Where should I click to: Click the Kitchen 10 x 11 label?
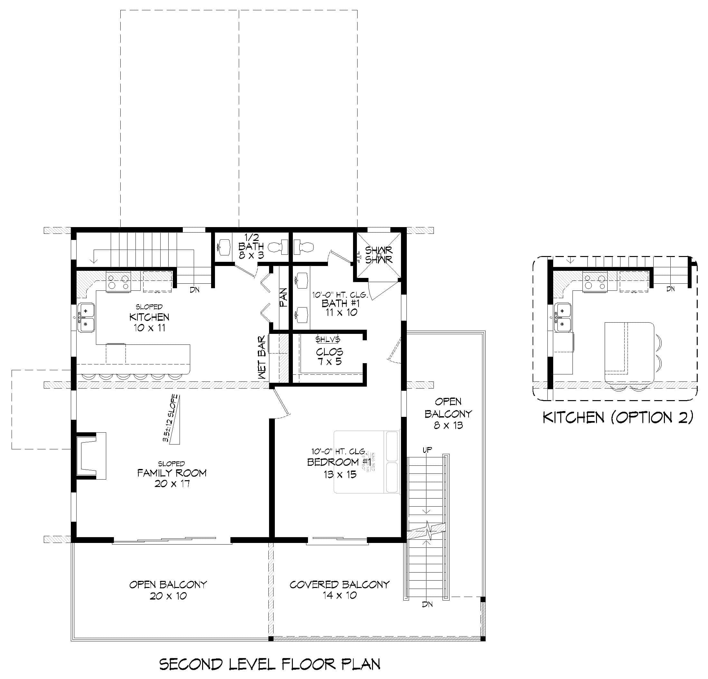pos(149,322)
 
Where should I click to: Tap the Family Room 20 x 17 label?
pos(172,478)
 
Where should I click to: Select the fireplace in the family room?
pos(90,455)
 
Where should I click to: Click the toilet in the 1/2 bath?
pos(279,247)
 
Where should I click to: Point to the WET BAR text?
pos(262,357)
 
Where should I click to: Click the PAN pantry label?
pos(284,298)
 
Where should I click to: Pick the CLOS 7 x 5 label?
pos(330,356)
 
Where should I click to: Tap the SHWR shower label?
pos(378,255)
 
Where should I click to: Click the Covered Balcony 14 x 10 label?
pos(340,590)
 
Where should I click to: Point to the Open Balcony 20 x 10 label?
pos(168,590)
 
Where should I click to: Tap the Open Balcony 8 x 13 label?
pos(448,413)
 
